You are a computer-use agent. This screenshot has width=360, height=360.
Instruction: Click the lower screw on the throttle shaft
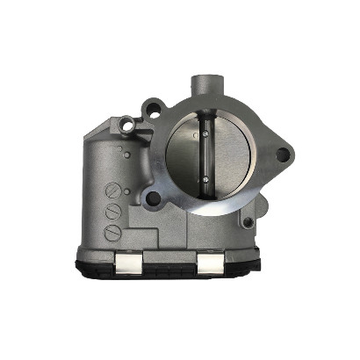point(205,182)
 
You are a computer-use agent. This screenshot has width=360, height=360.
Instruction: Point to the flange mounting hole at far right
point(283,155)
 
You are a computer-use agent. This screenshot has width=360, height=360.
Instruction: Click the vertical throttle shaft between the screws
point(205,158)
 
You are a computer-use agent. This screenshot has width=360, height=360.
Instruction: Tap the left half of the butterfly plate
point(185,158)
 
